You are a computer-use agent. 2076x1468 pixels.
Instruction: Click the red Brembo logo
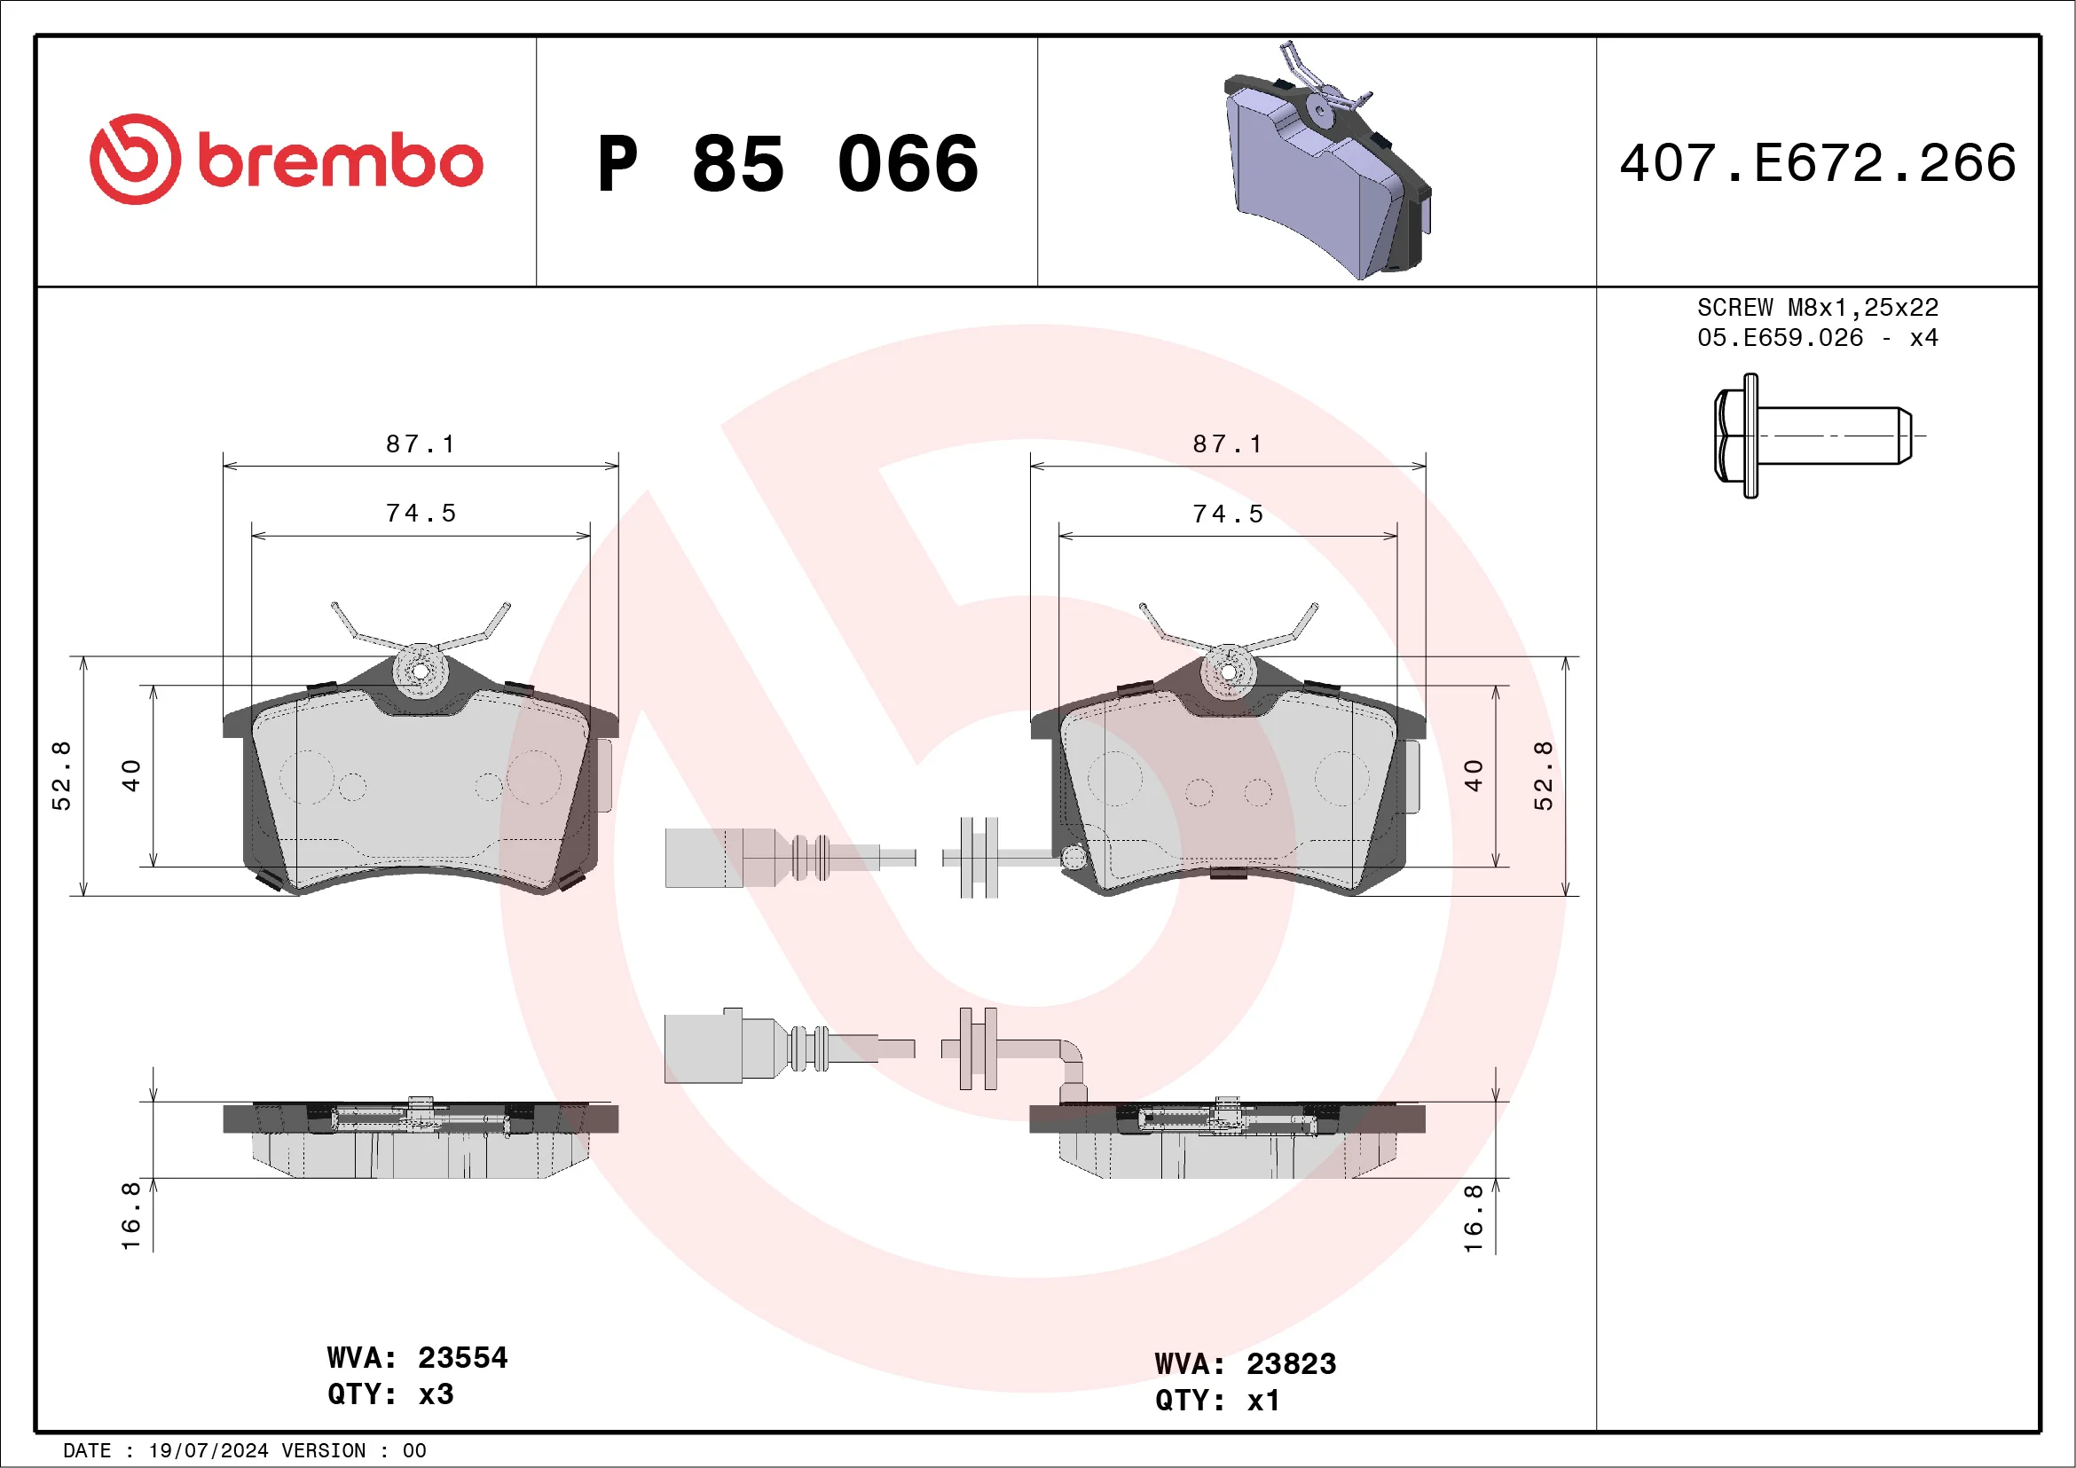[x=286, y=159]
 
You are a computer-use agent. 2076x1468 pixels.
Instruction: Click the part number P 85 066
[x=788, y=163]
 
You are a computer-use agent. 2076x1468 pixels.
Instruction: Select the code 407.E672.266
[x=1818, y=162]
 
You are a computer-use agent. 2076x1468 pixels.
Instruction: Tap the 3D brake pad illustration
[x=1327, y=161]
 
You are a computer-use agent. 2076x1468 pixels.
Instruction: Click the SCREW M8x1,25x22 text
[x=1818, y=307]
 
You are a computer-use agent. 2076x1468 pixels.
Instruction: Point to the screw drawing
[x=1820, y=436]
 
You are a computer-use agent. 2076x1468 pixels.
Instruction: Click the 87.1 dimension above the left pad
[x=421, y=444]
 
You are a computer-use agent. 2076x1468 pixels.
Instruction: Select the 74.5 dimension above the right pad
[x=1227, y=514]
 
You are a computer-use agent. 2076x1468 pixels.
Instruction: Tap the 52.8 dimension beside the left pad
[x=60, y=775]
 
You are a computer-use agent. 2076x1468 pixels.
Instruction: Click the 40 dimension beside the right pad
[x=1473, y=775]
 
